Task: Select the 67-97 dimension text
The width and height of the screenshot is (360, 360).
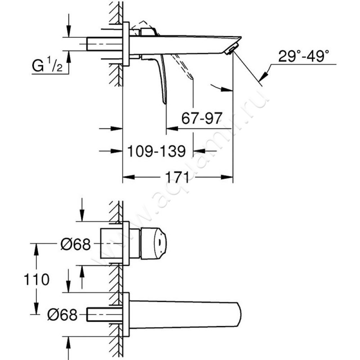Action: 202,118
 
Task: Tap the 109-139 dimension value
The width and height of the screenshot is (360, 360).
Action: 156,151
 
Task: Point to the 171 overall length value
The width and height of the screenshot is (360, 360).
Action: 177,177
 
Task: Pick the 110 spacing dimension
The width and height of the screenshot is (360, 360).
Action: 36,279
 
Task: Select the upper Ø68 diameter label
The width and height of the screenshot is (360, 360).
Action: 76,244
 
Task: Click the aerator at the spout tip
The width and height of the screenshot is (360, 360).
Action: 230,49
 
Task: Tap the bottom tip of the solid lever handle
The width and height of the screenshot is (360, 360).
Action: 165,104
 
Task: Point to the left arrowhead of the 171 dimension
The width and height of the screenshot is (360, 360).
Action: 128,177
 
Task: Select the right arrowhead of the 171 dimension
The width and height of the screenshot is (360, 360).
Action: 227,177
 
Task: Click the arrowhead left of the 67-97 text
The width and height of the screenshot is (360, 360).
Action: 172,129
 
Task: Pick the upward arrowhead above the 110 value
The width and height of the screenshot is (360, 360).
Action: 36,250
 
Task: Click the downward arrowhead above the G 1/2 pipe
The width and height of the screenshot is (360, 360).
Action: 69,31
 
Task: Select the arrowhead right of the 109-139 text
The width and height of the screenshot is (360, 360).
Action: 199,151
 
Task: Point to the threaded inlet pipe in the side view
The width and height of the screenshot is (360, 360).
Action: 104,44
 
